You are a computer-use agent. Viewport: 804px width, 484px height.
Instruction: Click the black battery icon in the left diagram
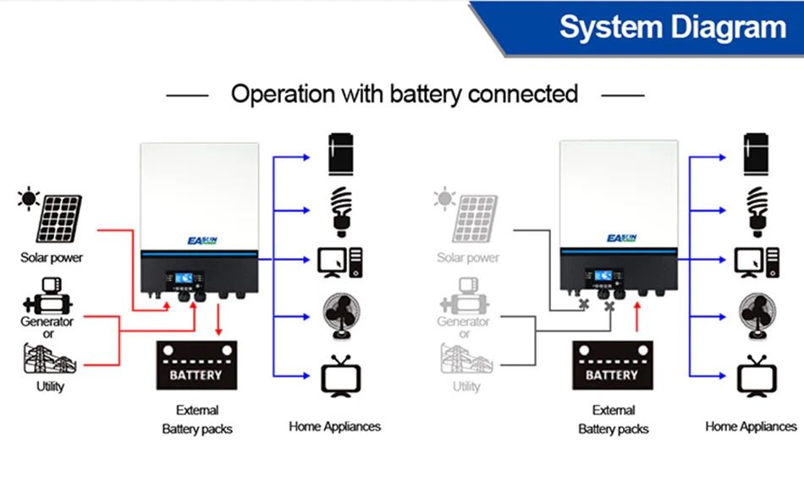[x=196, y=365]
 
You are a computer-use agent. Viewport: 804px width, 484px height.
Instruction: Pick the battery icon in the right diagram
[x=612, y=365]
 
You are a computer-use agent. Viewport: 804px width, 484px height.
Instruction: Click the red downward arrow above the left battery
[x=219, y=321]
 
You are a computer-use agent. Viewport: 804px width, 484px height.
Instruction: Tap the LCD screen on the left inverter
[x=182, y=278]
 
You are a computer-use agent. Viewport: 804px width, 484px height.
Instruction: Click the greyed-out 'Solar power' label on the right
[x=468, y=257]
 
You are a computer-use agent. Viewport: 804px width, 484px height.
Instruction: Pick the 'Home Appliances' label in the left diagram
[x=334, y=426]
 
